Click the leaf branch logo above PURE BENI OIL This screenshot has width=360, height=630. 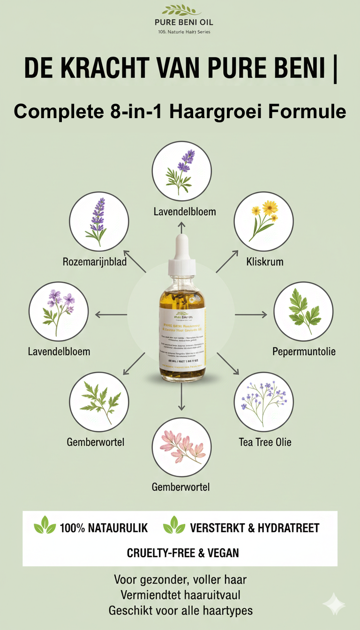pyautogui.click(x=180, y=10)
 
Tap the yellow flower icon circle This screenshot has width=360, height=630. pyautogui.click(x=263, y=221)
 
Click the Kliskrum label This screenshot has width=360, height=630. pyautogui.click(x=265, y=262)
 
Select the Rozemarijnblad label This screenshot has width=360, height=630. pyautogui.click(x=95, y=262)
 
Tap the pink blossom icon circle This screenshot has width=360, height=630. pyautogui.click(x=182, y=447)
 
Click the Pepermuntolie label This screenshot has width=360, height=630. pyautogui.click(x=304, y=351)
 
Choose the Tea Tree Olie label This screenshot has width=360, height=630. pyautogui.click(x=265, y=442)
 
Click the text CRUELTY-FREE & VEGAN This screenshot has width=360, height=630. pyautogui.click(x=183, y=553)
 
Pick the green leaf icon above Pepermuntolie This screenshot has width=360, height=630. pyautogui.click(x=303, y=311)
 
